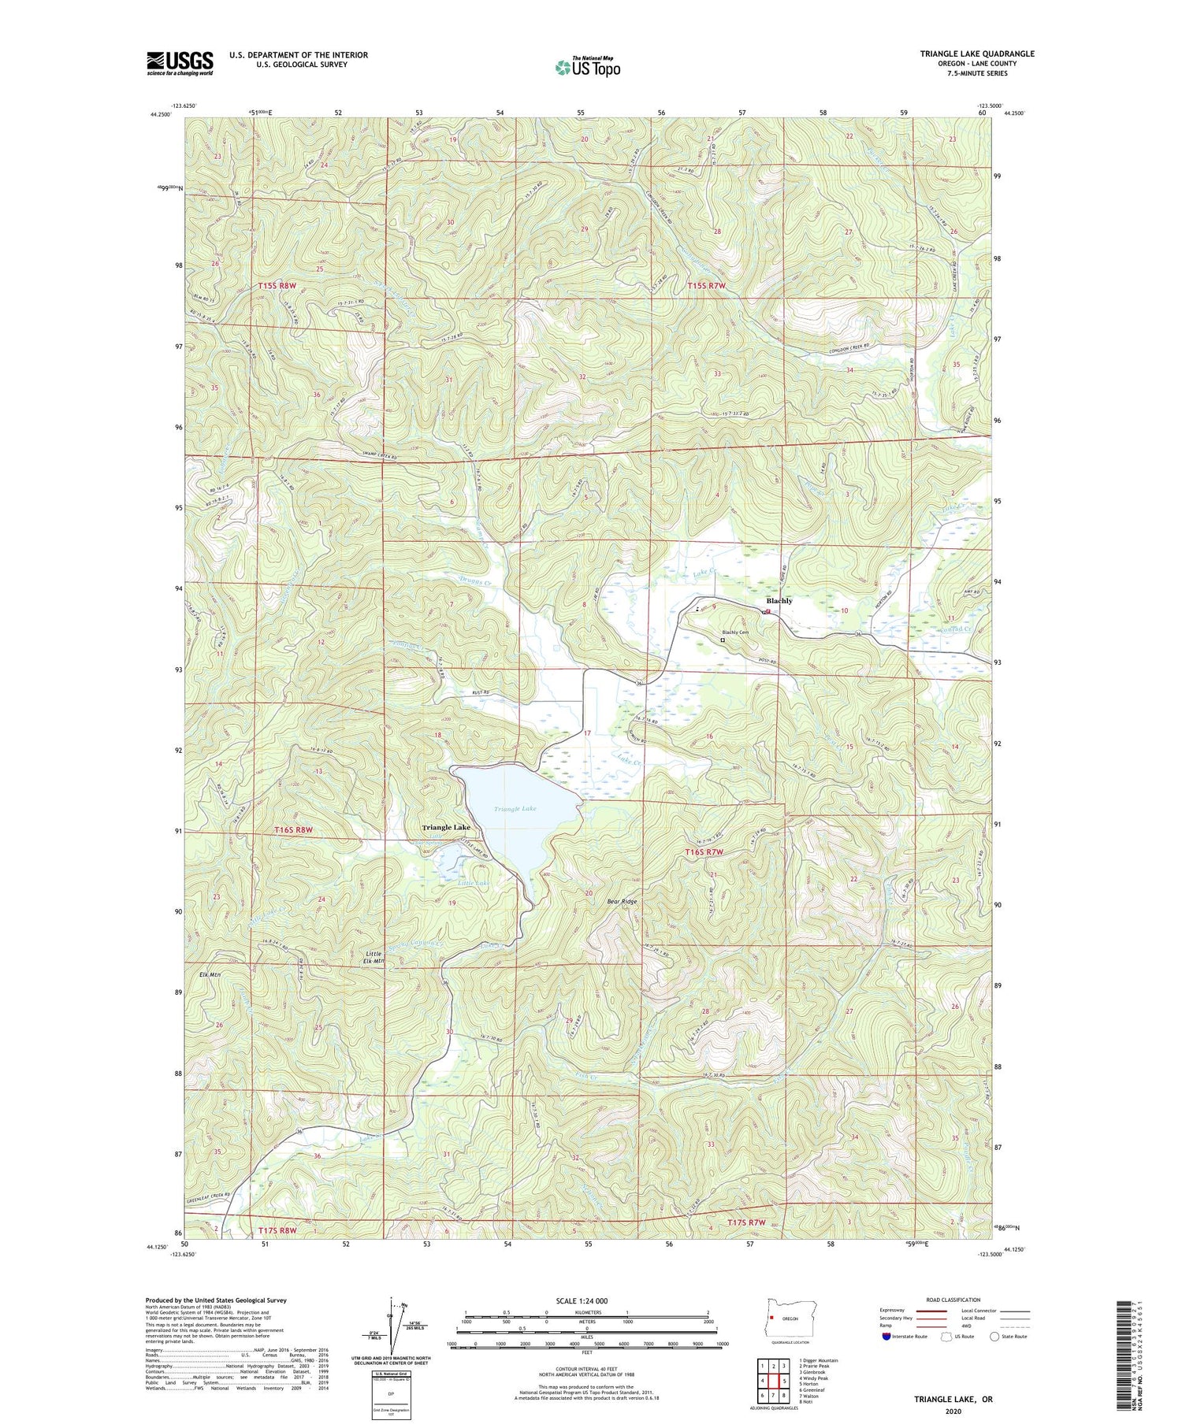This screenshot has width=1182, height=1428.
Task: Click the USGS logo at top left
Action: point(180,63)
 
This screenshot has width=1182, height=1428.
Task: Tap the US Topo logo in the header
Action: point(587,68)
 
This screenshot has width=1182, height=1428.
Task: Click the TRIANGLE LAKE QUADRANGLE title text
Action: point(977,54)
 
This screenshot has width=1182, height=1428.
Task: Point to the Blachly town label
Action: point(779,601)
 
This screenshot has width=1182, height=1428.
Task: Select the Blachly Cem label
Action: point(735,632)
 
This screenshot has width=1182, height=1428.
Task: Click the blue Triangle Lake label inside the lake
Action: point(515,809)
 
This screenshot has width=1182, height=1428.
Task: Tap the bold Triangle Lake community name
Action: point(446,828)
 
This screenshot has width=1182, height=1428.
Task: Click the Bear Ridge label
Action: point(622,901)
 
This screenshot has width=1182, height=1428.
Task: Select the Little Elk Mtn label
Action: point(374,957)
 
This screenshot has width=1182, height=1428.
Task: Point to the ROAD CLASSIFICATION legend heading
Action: point(953,1300)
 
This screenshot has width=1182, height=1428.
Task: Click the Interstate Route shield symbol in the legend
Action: point(887,1336)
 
